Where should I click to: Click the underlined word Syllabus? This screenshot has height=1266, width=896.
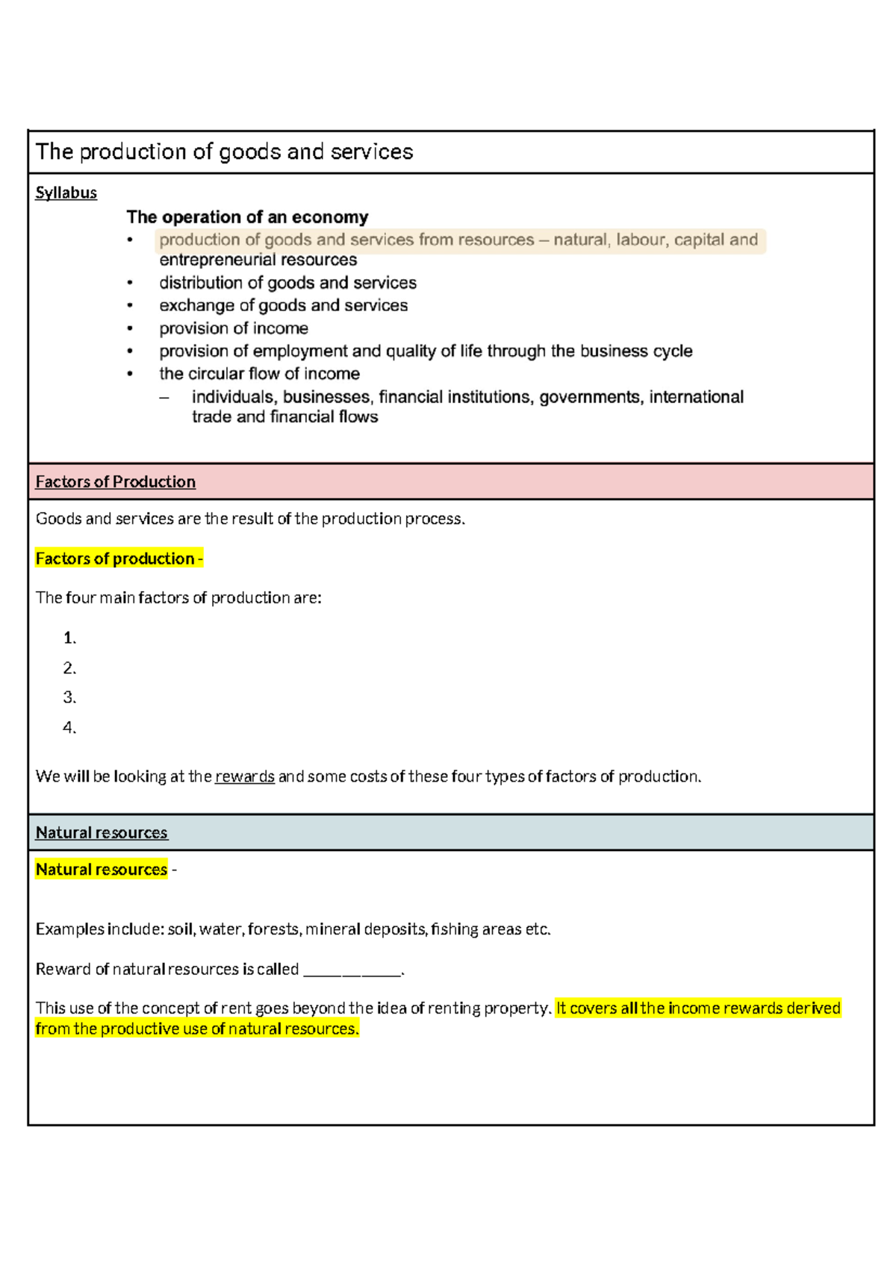tap(66, 193)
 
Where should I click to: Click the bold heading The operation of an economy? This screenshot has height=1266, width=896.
tap(247, 217)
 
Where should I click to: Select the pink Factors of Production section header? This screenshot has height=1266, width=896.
tap(115, 482)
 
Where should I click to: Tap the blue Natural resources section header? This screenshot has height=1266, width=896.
tap(102, 833)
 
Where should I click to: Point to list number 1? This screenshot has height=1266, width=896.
tap(69, 638)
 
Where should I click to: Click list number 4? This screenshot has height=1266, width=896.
tap(69, 728)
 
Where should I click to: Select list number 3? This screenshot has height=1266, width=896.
tap(69, 698)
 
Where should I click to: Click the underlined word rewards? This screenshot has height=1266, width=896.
tap(244, 777)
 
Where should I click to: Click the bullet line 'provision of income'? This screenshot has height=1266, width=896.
tap(233, 328)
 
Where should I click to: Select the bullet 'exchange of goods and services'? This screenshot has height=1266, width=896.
tap(283, 305)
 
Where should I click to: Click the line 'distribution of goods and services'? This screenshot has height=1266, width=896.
tap(287, 283)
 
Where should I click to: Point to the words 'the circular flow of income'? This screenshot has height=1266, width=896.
tap(259, 374)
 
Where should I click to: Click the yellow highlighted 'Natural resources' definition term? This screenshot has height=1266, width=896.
tap(102, 870)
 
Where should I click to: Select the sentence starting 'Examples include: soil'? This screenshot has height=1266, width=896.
tap(293, 929)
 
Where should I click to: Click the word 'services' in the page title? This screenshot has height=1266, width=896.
tap(371, 152)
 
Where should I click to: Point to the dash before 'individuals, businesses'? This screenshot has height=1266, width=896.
tap(164, 398)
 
